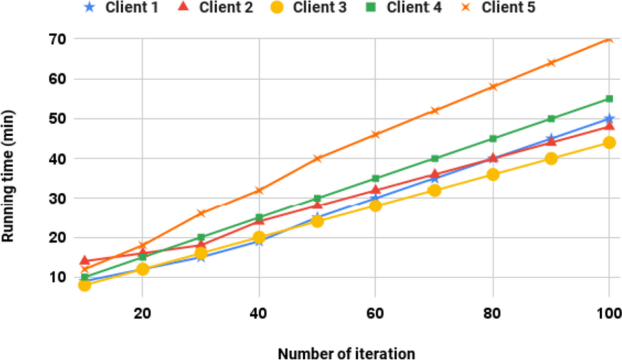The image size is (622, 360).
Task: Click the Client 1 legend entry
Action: click(x=129, y=8)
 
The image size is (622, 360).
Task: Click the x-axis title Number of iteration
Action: click(x=346, y=353)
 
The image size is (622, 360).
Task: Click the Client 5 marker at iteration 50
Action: click(x=318, y=159)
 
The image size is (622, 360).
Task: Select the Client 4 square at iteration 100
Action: click(x=610, y=99)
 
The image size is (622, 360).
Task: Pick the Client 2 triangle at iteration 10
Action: click(x=84, y=261)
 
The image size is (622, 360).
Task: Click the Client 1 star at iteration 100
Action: click(x=610, y=119)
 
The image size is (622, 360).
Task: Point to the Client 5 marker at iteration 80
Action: click(x=493, y=87)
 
